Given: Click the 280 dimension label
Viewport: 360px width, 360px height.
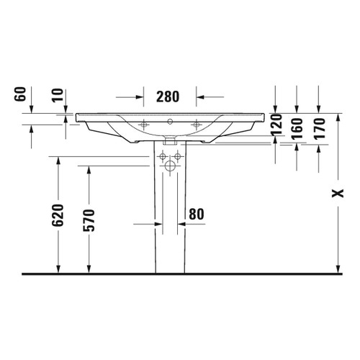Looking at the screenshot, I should coord(166,96).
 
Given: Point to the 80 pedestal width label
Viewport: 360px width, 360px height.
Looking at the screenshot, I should coord(197,213).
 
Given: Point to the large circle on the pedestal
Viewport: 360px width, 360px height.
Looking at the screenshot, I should coord(169,166).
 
